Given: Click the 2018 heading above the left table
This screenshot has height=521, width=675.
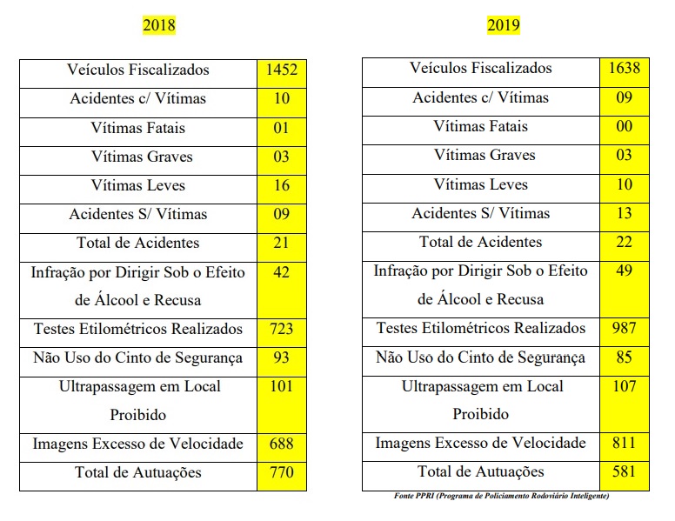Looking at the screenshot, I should (159, 24).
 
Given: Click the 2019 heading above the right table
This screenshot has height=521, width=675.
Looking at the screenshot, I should (504, 24).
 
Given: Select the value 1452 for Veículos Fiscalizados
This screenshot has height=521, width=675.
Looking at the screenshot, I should (281, 70).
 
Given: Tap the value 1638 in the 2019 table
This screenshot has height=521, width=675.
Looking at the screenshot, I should (624, 69).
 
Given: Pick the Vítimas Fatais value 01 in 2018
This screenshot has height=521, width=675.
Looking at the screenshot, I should (281, 129).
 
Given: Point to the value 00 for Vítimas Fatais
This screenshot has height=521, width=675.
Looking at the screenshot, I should (624, 127).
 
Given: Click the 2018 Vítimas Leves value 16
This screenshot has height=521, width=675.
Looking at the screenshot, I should (281, 186).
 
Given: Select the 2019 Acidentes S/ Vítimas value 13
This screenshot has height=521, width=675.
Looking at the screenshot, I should (624, 213).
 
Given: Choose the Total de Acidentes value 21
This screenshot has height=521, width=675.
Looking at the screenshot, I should (281, 244).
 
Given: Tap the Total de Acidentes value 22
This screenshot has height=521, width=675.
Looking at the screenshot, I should (624, 242).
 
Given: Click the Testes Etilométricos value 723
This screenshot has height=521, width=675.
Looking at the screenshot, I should (281, 330).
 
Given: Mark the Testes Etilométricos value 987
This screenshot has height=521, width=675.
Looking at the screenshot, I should (624, 329).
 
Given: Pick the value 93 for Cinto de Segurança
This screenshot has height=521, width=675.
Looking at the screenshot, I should (281, 358).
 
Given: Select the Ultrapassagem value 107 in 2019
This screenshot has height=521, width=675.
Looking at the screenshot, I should (624, 386).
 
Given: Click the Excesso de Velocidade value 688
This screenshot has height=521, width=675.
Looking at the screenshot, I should (281, 444).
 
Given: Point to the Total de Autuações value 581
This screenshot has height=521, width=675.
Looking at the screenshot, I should (624, 472).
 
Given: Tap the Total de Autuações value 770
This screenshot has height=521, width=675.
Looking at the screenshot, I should (281, 473).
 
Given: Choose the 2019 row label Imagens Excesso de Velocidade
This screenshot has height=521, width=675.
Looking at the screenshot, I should (480, 444).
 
